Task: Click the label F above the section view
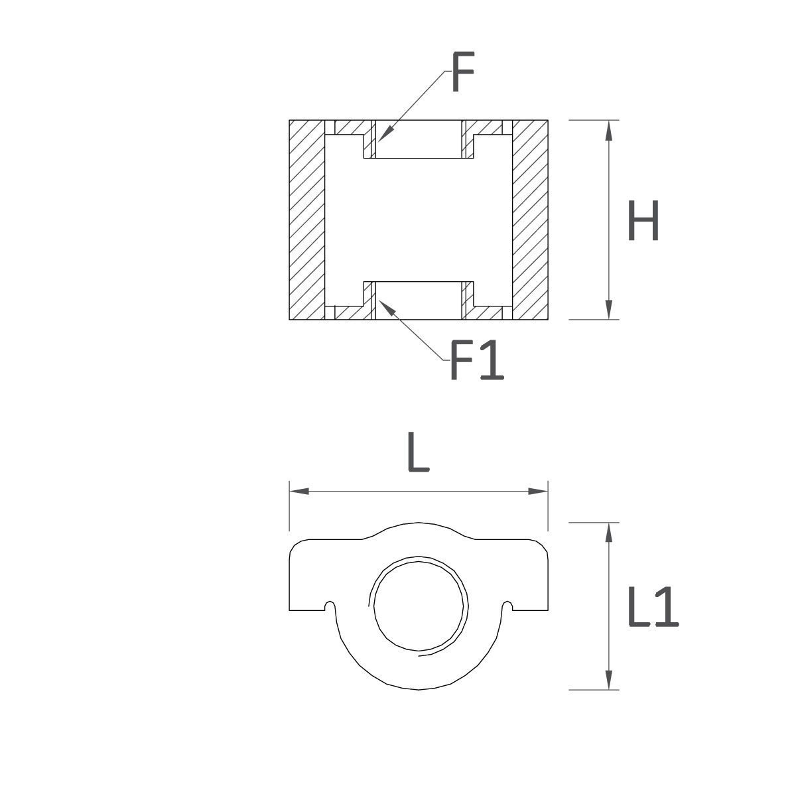pyautogui.click(x=463, y=72)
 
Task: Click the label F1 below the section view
pyautogui.click(x=477, y=360)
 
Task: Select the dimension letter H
pyautogui.click(x=643, y=220)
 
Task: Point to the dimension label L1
pyautogui.click(x=653, y=607)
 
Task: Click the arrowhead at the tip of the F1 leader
pyautogui.click(x=385, y=307)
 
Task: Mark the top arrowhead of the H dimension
pyautogui.click(x=608, y=130)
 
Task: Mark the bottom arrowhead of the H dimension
pyautogui.click(x=608, y=309)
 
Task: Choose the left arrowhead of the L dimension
pyautogui.click(x=299, y=491)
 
